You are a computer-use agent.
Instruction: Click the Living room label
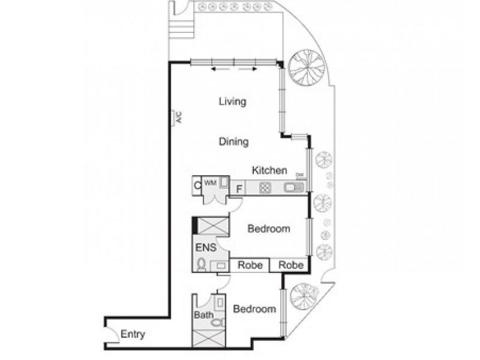pyautogui.click(x=232, y=101)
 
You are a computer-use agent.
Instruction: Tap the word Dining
pyautogui.click(x=233, y=142)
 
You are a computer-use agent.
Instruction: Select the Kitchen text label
pyautogui.click(x=269, y=170)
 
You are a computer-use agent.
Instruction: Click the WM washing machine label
pyautogui.click(x=210, y=182)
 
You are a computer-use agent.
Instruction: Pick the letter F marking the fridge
pyautogui.click(x=238, y=189)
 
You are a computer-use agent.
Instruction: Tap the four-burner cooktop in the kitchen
pyautogui.click(x=265, y=188)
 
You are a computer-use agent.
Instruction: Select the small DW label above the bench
pyautogui.click(x=300, y=175)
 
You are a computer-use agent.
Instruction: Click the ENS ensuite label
pyautogui.click(x=203, y=247)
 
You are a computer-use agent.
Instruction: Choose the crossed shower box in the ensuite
pyautogui.click(x=211, y=226)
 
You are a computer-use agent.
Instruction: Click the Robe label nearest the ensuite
pyautogui.click(x=250, y=265)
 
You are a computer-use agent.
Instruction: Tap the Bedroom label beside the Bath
pyautogui.click(x=254, y=309)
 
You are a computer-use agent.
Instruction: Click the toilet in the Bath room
pyautogui.click(x=218, y=323)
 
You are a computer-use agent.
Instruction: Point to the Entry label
pyautogui.click(x=133, y=334)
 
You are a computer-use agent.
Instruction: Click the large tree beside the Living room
pyautogui.click(x=305, y=67)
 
